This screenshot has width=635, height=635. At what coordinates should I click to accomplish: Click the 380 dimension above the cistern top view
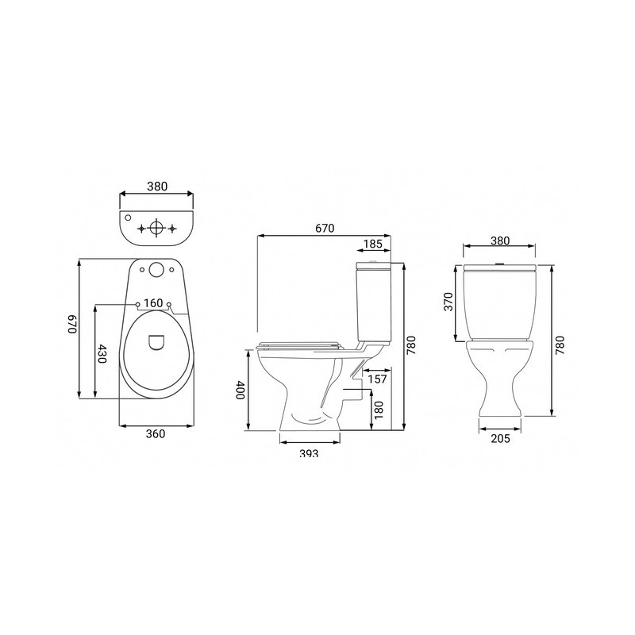pos(156,187)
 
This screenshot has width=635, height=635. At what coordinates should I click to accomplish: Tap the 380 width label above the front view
pos(500,241)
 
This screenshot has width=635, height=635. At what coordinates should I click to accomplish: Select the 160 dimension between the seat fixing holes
pos(154,302)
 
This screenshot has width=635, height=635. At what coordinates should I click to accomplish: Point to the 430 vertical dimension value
pos(102,353)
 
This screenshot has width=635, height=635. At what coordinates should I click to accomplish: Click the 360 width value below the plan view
pos(156,433)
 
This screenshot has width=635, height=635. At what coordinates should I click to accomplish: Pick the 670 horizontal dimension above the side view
pos(325,228)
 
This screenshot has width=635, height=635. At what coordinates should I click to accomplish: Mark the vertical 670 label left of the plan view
pos(71,325)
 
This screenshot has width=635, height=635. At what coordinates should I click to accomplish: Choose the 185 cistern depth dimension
pos(373,244)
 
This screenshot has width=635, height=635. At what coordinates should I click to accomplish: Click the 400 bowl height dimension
pos(240,391)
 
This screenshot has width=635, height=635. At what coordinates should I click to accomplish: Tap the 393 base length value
pos(309,453)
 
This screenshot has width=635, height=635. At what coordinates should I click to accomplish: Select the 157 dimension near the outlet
pos(379,379)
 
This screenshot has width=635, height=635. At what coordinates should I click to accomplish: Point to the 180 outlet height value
pos(379,410)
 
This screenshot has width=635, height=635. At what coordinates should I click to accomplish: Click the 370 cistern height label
pos(448,302)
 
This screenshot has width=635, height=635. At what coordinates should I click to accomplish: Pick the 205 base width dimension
pos(500,437)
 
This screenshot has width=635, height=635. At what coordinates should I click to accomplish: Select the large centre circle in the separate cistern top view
pos(156,228)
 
